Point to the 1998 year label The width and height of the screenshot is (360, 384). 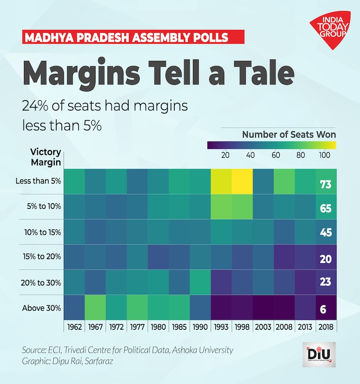242,327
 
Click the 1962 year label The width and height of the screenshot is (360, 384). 74,327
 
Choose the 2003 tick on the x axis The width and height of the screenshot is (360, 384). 263,327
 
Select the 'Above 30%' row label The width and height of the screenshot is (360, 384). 42,308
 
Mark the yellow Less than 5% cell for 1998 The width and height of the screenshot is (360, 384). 242,181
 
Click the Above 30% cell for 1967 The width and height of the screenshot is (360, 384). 95,308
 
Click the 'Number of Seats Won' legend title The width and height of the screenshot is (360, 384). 289,134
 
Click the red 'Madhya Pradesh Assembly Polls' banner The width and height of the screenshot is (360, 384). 134,37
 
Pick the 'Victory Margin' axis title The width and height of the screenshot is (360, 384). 46,157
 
